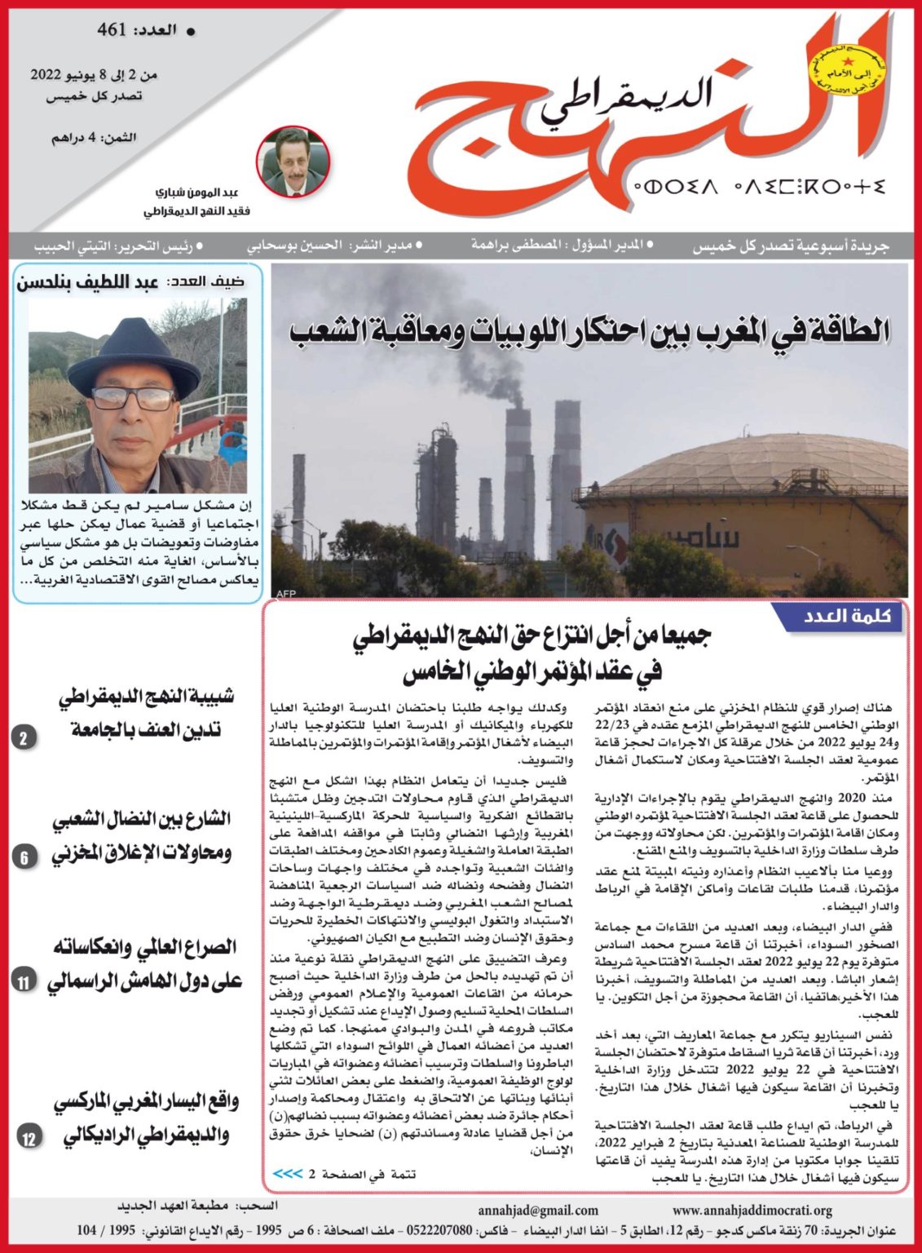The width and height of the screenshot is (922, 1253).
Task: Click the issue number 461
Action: [x=112, y=31]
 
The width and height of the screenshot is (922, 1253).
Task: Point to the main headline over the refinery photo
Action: [x=590, y=331]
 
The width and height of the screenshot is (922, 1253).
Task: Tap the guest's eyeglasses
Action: [x=132, y=398]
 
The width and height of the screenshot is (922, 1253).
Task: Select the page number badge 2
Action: [x=24, y=739]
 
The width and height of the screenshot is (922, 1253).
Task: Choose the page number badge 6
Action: [x=24, y=857]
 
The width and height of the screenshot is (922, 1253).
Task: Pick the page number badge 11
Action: [x=24, y=982]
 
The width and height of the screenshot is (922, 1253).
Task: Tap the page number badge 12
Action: [x=29, y=1138]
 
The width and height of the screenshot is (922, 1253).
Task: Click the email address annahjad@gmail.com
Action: [x=538, y=1211]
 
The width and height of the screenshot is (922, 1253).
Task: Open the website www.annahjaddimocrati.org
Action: [x=752, y=1211]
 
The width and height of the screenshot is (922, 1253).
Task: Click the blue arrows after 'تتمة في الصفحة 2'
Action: [x=287, y=1174]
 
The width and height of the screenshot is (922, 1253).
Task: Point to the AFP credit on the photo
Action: [x=286, y=593]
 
